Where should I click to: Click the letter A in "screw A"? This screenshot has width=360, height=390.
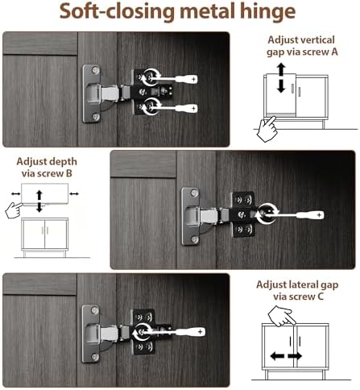tap(334, 52)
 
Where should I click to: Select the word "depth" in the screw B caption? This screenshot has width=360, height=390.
tap(65, 162)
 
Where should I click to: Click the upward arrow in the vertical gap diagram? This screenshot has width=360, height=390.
tap(281, 69)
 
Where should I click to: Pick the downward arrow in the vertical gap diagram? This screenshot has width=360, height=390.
tap(281, 86)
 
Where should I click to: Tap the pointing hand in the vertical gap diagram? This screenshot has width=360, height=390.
tap(267, 129)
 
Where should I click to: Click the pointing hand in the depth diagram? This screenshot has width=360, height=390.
tap(14, 210)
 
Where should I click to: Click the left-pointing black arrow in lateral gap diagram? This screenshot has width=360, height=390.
tap(277, 356)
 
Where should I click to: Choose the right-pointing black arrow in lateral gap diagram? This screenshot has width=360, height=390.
tap(295, 356)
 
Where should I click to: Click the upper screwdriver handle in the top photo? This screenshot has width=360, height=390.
tap(186, 79)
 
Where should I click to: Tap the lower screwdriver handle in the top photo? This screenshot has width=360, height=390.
tap(186, 109)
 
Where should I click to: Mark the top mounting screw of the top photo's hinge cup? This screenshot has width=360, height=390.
tap(95, 70)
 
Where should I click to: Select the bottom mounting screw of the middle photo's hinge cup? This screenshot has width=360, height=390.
tap(195, 239)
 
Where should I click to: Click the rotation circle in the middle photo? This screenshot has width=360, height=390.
tap(266, 214)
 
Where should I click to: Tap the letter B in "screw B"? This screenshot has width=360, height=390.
tap(69, 173)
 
